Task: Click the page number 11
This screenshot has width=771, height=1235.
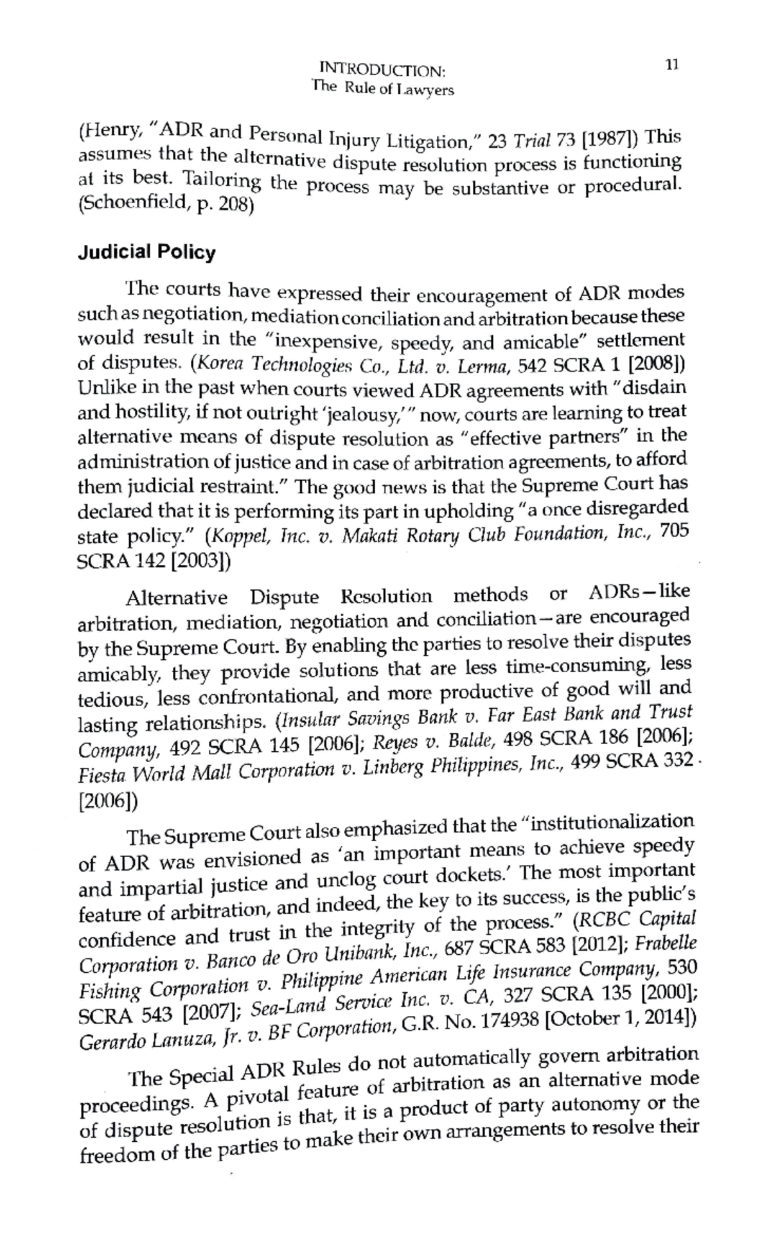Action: (x=672, y=64)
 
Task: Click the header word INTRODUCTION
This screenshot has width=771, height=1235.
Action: (x=382, y=69)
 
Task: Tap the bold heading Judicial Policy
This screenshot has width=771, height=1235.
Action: (x=146, y=252)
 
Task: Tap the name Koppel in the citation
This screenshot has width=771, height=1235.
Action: (x=236, y=537)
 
